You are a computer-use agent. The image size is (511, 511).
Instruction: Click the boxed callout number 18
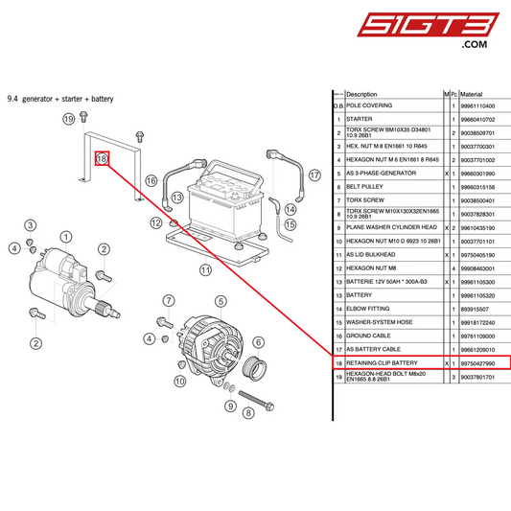(103, 158)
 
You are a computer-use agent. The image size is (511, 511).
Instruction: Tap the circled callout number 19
(68, 119)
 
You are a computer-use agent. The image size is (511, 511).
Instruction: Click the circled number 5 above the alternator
(221, 301)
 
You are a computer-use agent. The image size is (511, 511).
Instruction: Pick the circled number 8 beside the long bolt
(247, 413)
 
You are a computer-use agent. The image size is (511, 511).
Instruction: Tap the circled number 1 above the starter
(65, 236)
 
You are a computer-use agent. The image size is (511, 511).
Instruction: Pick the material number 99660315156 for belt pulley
(477, 187)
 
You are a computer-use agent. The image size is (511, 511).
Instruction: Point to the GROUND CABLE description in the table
(370, 337)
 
